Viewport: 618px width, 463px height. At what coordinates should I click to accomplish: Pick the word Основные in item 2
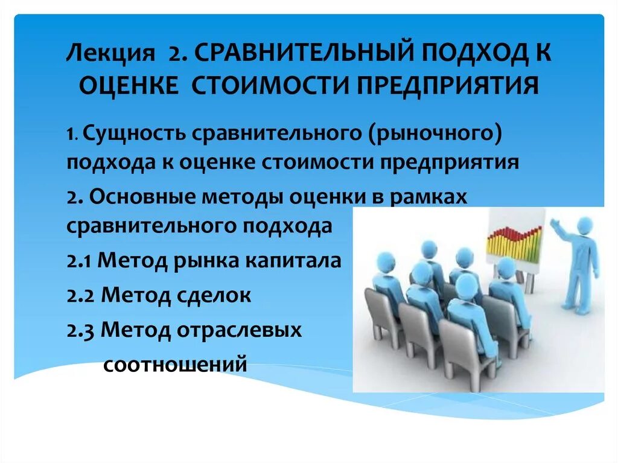click(142, 197)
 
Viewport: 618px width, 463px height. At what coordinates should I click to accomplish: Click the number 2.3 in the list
click(80, 330)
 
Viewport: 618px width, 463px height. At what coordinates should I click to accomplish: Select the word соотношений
click(176, 364)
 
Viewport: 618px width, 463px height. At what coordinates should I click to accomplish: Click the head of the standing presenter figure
click(584, 226)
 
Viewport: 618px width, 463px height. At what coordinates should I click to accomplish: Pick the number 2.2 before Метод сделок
click(80, 295)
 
